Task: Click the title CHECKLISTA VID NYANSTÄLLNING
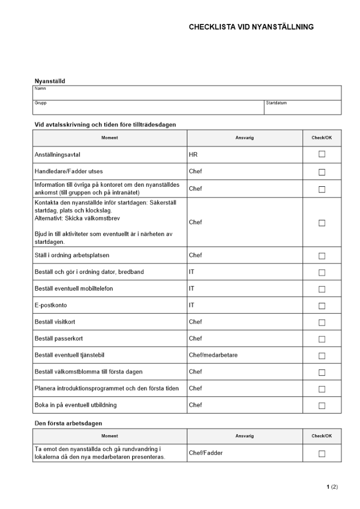coord(251,27)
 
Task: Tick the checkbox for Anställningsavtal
coord(322,155)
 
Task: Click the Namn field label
coord(40,89)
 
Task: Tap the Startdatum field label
coord(276,103)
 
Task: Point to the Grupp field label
coord(41,103)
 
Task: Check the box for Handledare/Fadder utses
coord(322,172)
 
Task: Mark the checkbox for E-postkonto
coord(322,306)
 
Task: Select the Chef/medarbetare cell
coord(213,355)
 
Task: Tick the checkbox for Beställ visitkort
coord(322,323)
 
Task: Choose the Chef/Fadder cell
coord(206,453)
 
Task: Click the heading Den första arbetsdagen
coord(69,423)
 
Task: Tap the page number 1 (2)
coord(332,487)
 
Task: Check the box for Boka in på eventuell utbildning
coord(322,406)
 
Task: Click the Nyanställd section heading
coord(49,81)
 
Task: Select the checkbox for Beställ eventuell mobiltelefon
coord(322,289)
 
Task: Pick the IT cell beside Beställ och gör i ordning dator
coord(191,272)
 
